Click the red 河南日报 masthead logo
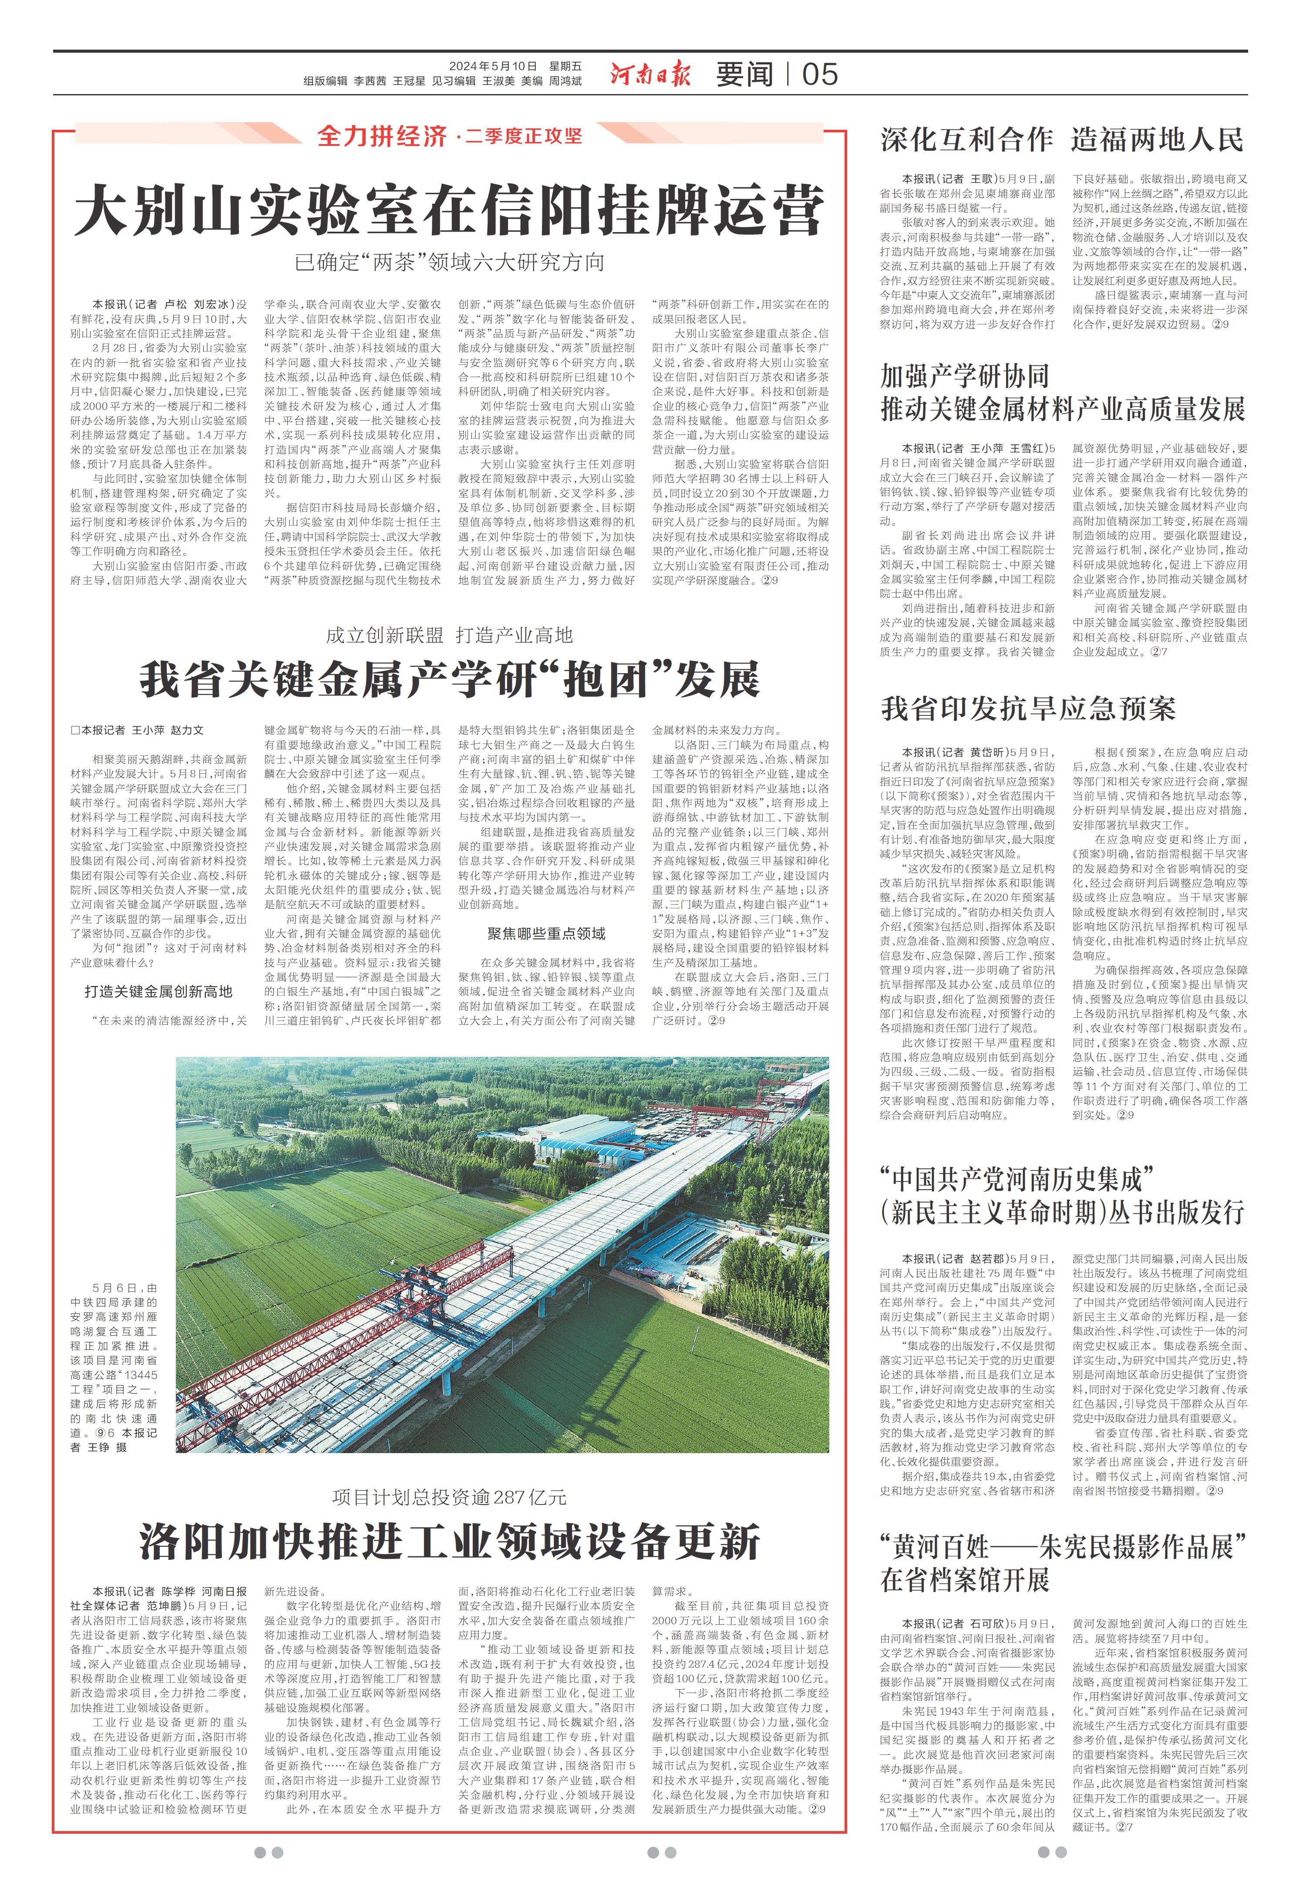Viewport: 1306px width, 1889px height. pos(650,74)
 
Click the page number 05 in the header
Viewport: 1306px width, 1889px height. pos(819,74)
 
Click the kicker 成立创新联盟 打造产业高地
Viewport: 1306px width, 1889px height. pos(449,635)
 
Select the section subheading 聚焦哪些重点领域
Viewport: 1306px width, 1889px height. pos(546,934)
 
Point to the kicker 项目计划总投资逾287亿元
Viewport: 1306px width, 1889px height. pos(449,1497)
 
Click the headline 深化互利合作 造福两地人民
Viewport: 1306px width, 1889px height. pos(1062,140)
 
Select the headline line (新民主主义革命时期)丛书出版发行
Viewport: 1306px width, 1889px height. pos(1062,1212)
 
